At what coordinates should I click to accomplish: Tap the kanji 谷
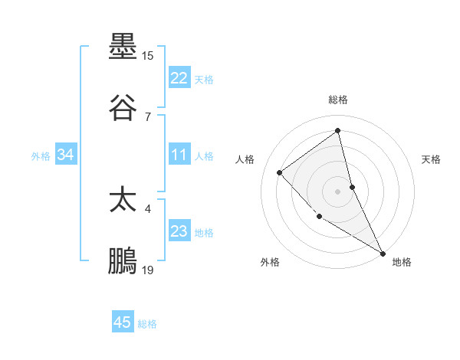[123, 109]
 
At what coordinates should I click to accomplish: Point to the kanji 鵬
[123, 262]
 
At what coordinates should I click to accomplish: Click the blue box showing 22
[179, 78]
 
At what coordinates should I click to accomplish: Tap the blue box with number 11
[179, 155]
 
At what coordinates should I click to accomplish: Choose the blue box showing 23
[179, 231]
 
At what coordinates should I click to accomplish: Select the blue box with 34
[65, 155]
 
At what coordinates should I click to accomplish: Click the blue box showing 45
[123, 322]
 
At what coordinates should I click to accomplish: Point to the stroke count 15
[148, 56]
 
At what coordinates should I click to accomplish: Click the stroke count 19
[148, 270]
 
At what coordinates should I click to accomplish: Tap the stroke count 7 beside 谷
[148, 116]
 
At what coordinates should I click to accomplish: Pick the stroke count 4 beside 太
[148, 208]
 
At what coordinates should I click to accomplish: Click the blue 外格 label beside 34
[41, 156]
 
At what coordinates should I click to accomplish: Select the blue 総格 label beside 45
[148, 324]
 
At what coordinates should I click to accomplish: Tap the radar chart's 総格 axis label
[338, 100]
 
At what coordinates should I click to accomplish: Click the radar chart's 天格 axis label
[432, 159]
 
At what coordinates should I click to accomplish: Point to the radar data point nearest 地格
[383, 253]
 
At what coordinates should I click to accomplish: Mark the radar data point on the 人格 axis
[280, 172]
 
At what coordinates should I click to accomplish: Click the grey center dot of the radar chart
[338, 191]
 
